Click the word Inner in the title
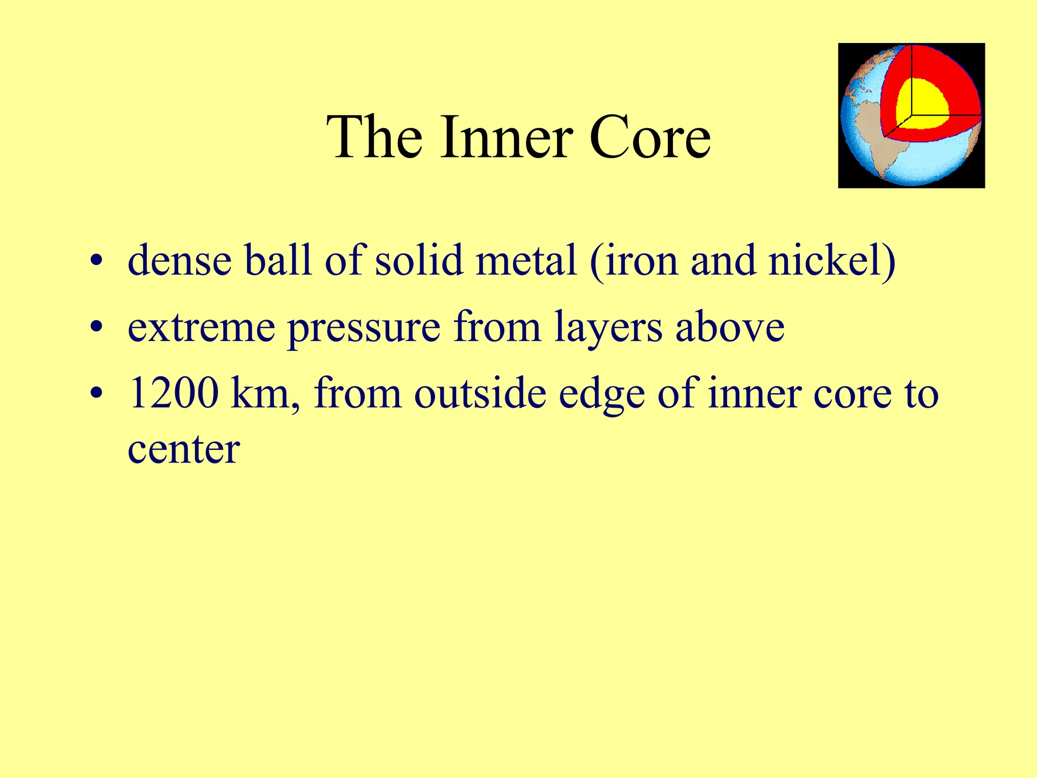[x=506, y=138]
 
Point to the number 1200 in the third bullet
[x=174, y=394]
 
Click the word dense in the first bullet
[x=179, y=260]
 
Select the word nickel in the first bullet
[x=831, y=260]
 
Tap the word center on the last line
[x=183, y=450]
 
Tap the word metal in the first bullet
[x=526, y=260]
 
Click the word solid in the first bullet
[x=419, y=260]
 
